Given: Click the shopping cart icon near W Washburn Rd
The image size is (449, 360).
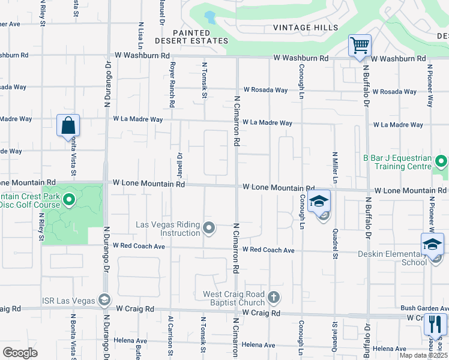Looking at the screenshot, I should point(360,45).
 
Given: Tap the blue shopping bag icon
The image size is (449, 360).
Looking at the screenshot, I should point(68,125).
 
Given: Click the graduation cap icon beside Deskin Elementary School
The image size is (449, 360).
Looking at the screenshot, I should point(432,244).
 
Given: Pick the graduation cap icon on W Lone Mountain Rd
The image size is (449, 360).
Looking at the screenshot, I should point(319,202).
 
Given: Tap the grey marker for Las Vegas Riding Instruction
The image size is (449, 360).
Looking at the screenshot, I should point(209,227).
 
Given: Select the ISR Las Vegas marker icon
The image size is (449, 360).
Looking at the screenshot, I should point(104,300).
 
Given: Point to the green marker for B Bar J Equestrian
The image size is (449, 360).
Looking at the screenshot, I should point(441,161).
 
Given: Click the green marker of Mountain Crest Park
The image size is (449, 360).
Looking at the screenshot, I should point(68,200).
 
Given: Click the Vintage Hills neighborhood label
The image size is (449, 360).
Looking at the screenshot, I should point(301,27).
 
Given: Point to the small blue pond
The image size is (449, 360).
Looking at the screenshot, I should point(209,16).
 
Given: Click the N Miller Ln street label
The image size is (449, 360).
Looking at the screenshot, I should point(336,167).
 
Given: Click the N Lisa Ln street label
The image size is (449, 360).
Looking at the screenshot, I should point(140,36).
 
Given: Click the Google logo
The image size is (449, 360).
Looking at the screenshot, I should point(20,352).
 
